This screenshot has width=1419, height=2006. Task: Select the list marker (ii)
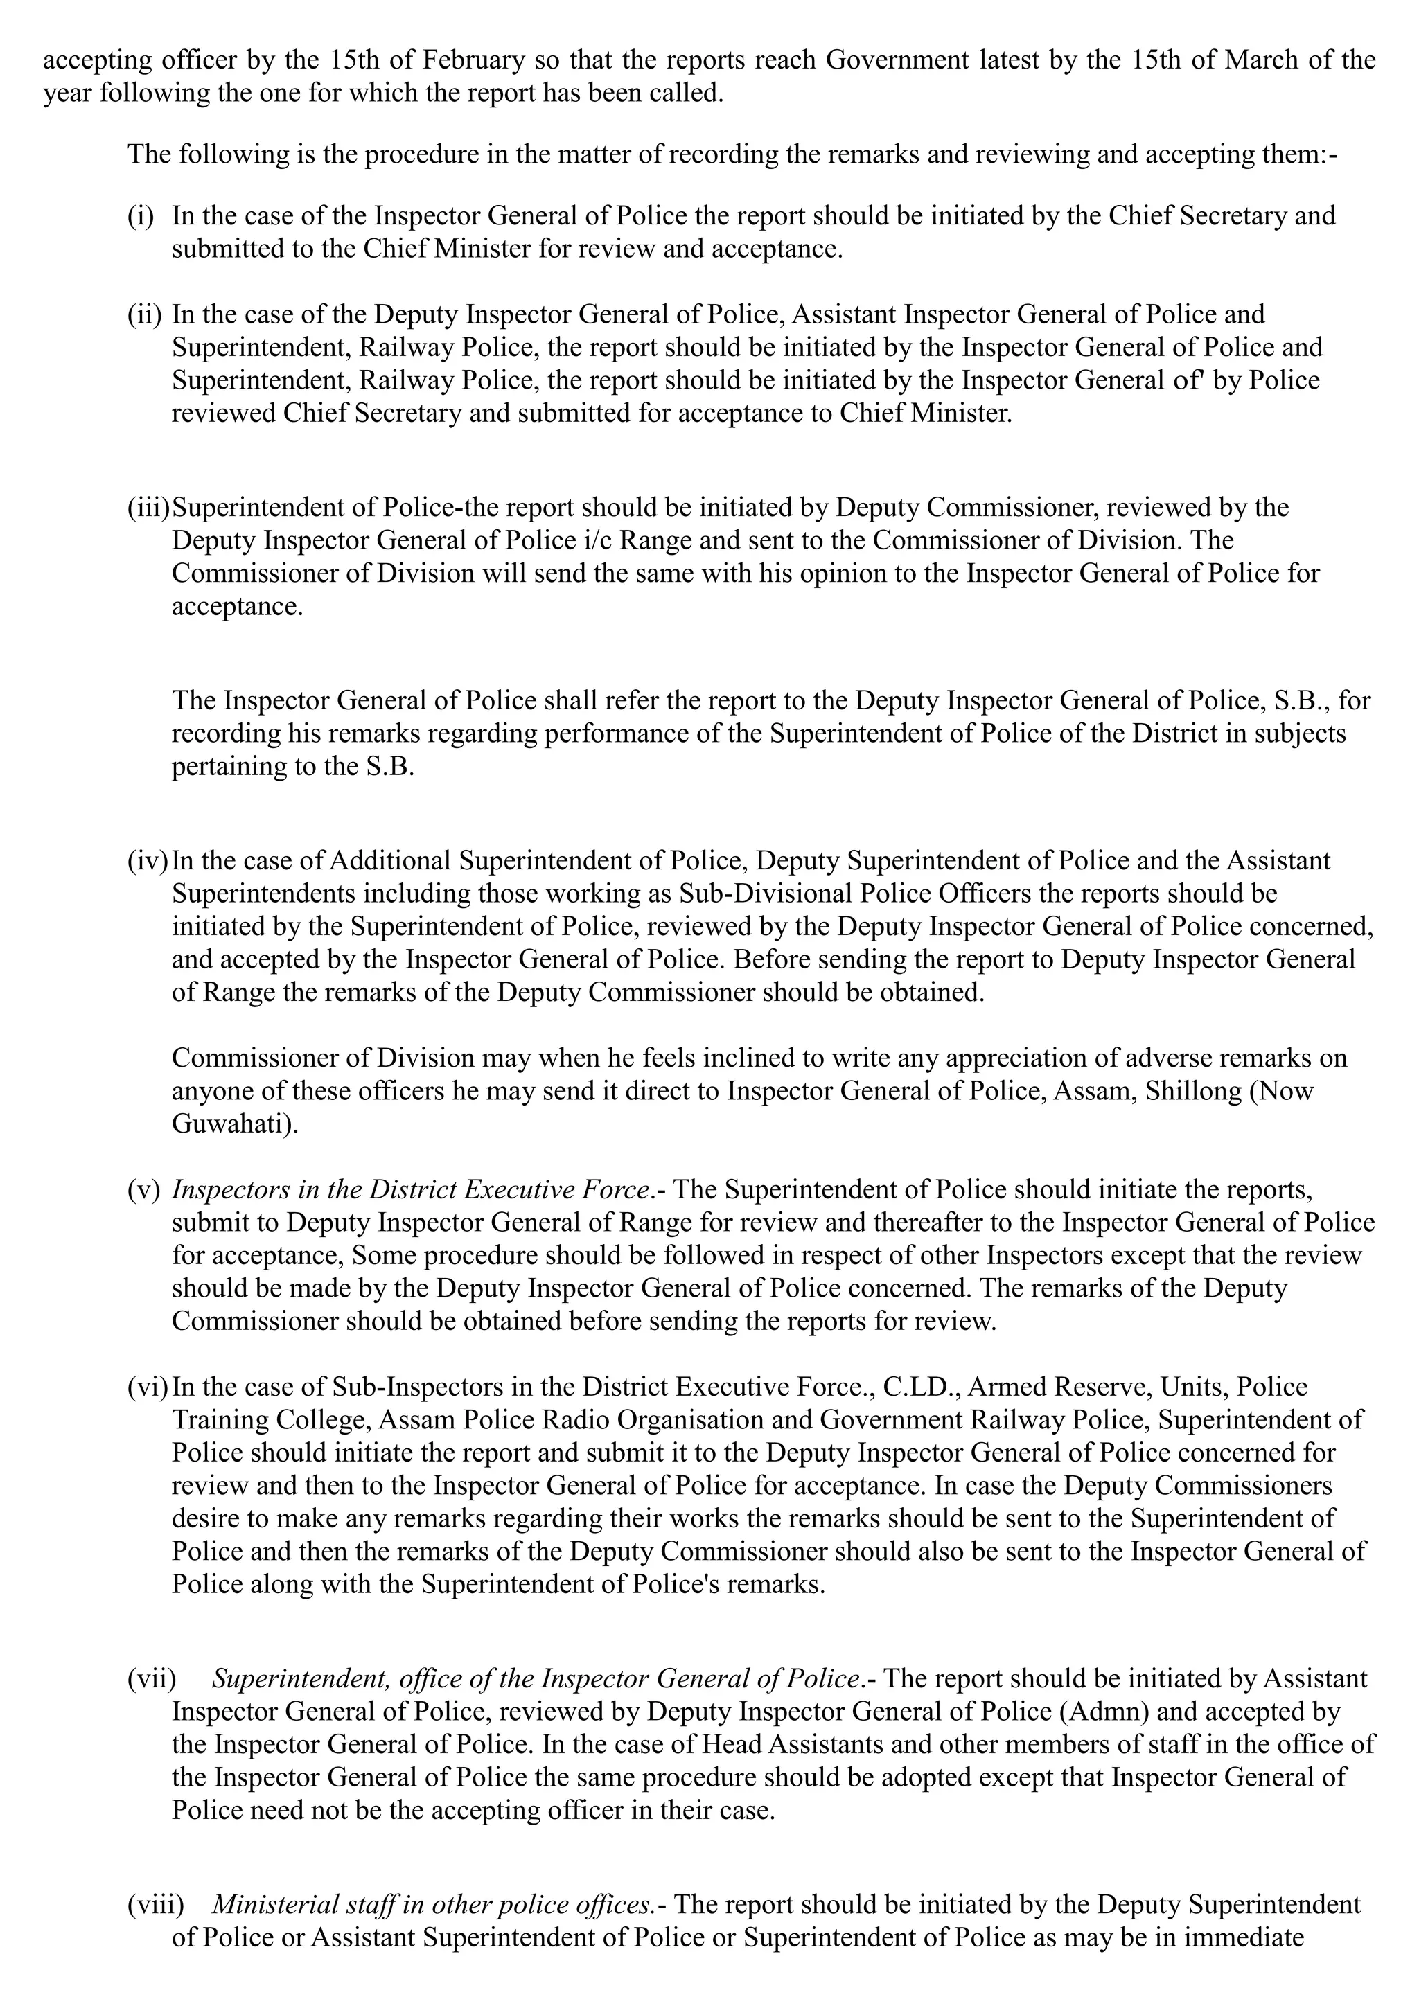(143, 314)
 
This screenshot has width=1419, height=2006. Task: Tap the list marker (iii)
(148, 508)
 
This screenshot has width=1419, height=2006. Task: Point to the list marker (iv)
(147, 860)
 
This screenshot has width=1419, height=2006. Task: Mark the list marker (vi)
(147, 1387)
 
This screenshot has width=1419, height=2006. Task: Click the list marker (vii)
(151, 1679)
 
